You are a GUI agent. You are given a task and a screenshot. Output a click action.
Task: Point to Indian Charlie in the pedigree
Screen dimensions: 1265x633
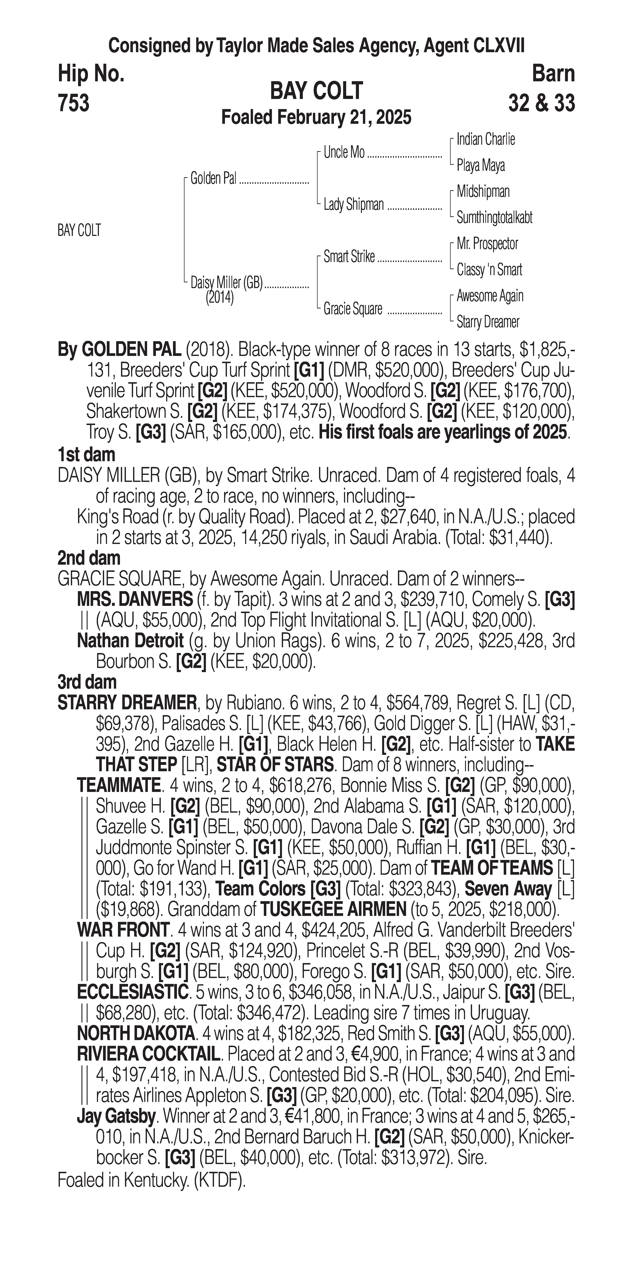[x=485, y=139]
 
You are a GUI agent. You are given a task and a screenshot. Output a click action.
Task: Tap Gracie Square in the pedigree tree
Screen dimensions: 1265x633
[x=352, y=309]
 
